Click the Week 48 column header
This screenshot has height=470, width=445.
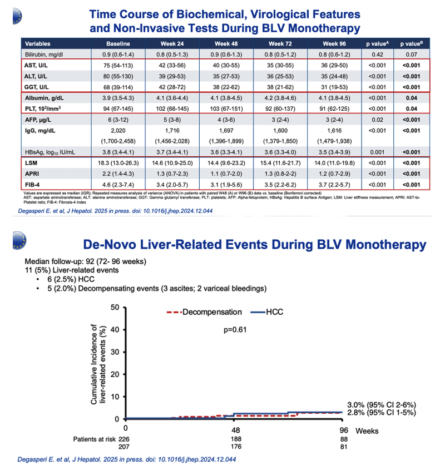pos(226,44)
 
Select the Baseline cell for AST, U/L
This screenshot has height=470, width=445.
pos(118,65)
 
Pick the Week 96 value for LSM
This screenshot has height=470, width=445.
pos(334,163)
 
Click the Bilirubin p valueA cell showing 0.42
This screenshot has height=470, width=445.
pos(377,55)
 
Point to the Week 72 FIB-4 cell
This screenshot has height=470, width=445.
pos(280,185)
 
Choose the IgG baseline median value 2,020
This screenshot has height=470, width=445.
pos(118,131)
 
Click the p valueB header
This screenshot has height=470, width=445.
pos(412,44)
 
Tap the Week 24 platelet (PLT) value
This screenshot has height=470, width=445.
pos(172,109)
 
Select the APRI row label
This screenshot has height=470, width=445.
pos(32,174)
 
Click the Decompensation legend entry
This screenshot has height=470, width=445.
pos(204,312)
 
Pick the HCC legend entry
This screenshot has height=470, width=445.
pos(267,312)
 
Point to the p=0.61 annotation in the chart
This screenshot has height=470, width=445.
pos(235,330)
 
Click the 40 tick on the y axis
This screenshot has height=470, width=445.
pos(115,330)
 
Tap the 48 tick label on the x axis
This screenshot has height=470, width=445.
pos(236,431)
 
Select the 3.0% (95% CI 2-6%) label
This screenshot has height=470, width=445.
pos(382,405)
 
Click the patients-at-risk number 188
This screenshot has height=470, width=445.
pos(236,439)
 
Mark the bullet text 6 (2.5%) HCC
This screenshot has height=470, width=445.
pos(71,279)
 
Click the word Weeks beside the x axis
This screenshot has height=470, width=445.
pos(367,431)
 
